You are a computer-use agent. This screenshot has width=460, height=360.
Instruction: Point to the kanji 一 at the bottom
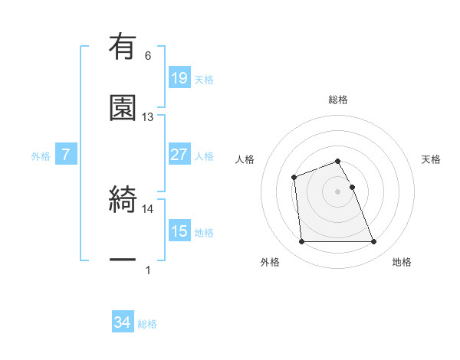(x=123, y=262)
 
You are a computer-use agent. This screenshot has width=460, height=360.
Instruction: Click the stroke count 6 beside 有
(x=148, y=56)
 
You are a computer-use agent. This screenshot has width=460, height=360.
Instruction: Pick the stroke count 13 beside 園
(x=148, y=117)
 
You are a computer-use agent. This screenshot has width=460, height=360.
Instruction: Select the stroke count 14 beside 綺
(x=148, y=208)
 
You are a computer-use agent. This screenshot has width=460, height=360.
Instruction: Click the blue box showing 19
(x=179, y=78)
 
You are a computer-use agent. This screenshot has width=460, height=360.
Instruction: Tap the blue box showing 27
(x=179, y=155)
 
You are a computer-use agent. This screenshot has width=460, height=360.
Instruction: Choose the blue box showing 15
(x=179, y=231)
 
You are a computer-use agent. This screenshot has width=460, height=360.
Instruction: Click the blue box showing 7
(x=66, y=155)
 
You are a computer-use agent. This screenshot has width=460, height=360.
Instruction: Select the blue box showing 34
(x=123, y=322)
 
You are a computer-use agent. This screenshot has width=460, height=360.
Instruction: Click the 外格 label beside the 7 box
(x=41, y=156)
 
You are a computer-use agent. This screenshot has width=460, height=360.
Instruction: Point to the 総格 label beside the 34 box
(x=147, y=324)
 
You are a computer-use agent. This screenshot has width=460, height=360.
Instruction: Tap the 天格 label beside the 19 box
(x=204, y=80)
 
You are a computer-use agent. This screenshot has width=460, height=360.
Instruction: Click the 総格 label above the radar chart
(x=338, y=100)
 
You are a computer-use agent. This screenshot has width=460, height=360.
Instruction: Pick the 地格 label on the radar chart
(x=402, y=263)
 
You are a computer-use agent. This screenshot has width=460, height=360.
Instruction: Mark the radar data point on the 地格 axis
(x=373, y=242)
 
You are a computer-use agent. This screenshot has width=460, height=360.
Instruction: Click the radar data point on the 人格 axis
(x=294, y=178)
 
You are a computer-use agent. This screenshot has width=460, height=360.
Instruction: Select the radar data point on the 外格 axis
(x=302, y=242)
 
